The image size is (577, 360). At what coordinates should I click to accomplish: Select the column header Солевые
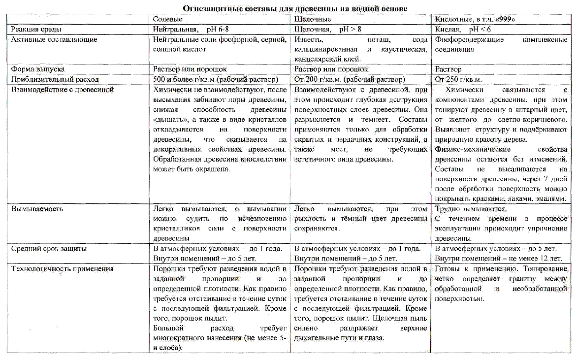167,19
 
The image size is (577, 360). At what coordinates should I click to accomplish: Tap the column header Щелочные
312,19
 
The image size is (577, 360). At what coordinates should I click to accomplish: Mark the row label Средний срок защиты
49,248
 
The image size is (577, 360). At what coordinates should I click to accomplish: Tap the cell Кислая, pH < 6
463,29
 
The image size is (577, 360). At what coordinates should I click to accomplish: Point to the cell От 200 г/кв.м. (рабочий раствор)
350,79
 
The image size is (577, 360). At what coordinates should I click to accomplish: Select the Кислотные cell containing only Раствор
449,69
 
